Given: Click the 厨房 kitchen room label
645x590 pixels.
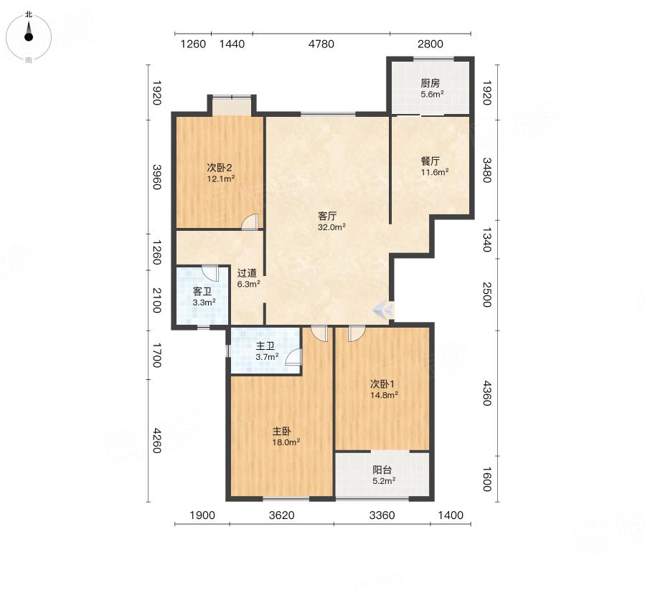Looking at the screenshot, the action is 430,83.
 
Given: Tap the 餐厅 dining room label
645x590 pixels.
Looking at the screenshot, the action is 430,161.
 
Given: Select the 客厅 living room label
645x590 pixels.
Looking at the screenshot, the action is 327,217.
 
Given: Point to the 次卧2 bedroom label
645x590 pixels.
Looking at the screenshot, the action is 220,168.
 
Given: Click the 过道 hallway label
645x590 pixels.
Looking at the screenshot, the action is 247,273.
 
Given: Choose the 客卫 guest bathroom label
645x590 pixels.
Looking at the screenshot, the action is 202,292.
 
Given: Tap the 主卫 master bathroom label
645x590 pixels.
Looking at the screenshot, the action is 265,346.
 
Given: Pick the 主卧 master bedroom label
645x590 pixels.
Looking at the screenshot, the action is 282,432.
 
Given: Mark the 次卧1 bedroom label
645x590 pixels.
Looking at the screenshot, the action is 382,384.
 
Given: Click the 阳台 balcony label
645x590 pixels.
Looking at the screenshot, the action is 382,470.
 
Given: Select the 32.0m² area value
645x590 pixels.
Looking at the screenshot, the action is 331,227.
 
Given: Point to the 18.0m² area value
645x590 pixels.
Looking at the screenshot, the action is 286,442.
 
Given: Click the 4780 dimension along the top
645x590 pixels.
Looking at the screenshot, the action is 321,44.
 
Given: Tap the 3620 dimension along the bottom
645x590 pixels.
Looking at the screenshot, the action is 282,515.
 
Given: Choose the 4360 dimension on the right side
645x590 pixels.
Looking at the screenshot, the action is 486,394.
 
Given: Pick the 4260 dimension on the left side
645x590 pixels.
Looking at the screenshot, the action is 156,440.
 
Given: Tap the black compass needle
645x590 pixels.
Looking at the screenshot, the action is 29,31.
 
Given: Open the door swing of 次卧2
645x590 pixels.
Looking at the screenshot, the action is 250,222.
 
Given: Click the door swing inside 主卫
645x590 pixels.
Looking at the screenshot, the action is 293,357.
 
